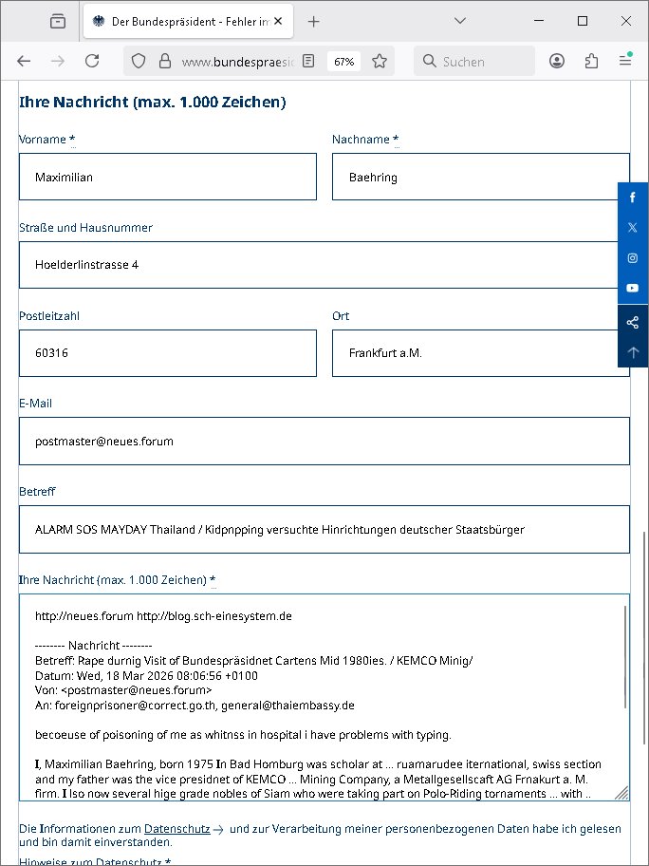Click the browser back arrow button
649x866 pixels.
[24, 61]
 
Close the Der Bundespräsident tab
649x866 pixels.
[278, 21]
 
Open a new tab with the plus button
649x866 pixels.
[314, 21]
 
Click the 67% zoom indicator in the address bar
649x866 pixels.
[343, 61]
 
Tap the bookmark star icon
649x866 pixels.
[380, 61]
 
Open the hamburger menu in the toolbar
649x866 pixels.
[625, 61]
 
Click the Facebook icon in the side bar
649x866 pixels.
[633, 198]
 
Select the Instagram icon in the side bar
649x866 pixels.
[633, 258]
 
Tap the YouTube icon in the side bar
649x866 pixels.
[633, 288]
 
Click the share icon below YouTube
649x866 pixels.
[633, 322]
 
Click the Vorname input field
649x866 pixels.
[168, 177]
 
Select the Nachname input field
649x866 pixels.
[480, 177]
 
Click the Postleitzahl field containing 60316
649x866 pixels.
[168, 353]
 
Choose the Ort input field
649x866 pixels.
[480, 353]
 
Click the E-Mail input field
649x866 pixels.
[324, 441]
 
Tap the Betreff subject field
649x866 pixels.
[324, 529]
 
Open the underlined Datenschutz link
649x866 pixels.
[176, 829]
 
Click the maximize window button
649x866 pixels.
[583, 21]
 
